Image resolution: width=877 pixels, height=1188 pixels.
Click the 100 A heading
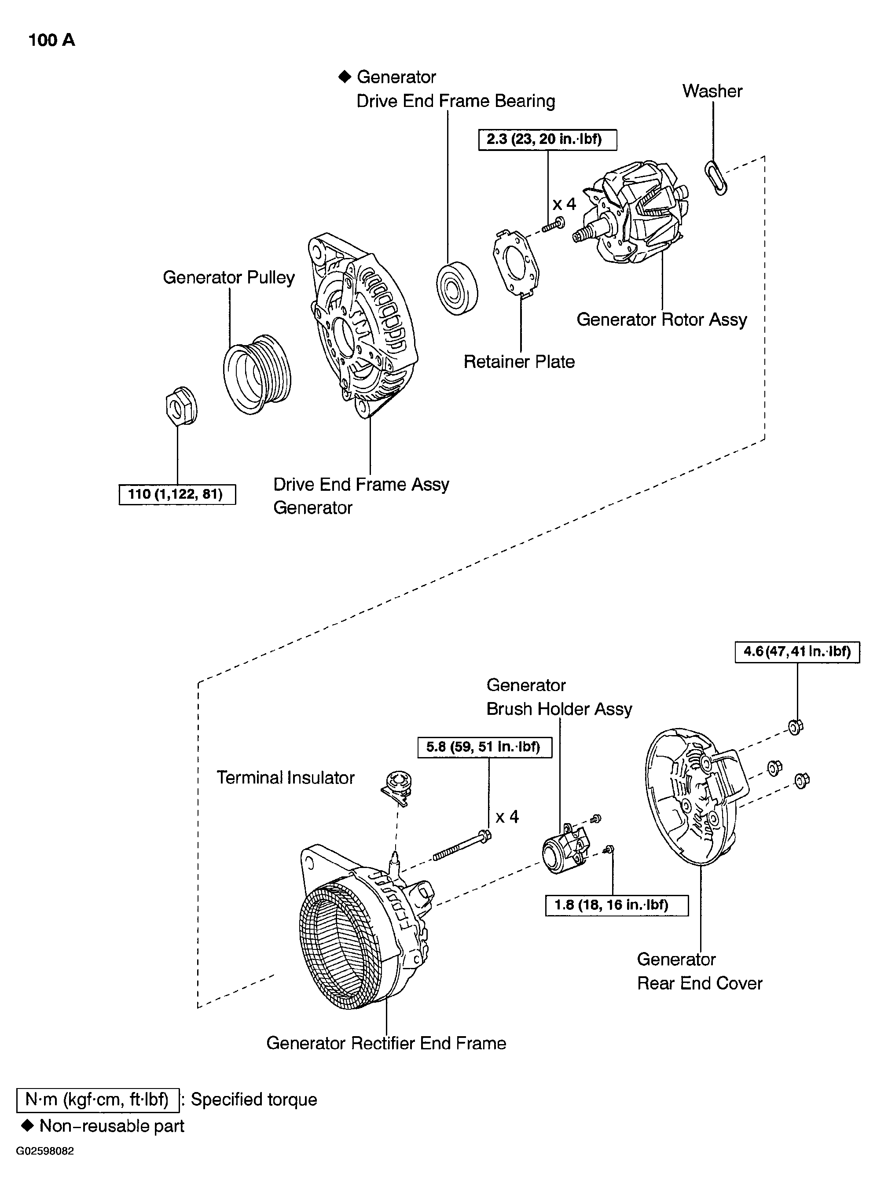point(51,40)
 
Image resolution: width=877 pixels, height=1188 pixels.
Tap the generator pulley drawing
point(257,375)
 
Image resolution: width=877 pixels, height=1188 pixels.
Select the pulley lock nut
point(181,406)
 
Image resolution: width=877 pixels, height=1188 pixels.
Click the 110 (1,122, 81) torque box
point(177,494)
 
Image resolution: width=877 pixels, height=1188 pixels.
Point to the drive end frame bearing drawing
point(457,288)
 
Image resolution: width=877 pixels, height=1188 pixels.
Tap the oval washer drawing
point(716,178)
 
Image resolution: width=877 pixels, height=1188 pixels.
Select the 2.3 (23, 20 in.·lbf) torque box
point(547,140)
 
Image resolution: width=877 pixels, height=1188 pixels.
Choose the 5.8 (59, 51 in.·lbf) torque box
point(484,747)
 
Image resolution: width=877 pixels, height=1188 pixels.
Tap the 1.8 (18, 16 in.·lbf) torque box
point(617,905)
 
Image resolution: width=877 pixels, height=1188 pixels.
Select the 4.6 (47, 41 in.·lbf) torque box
point(797,651)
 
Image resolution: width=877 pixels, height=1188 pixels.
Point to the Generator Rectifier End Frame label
point(386,1043)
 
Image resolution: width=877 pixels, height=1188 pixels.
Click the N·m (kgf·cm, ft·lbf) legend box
point(98,1100)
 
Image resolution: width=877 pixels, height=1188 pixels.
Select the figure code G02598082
point(45,1151)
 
